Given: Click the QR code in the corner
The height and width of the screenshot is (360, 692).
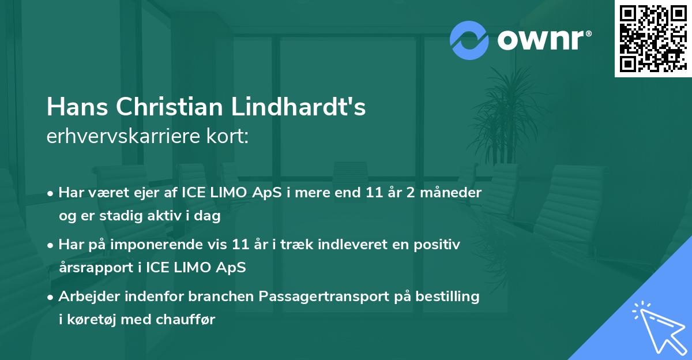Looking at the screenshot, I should pyautogui.click(x=653, y=38).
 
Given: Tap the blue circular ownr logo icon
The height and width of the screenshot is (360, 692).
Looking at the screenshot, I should pyautogui.click(x=469, y=40).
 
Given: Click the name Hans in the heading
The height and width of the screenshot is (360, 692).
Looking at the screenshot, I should pyautogui.click(x=77, y=107).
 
